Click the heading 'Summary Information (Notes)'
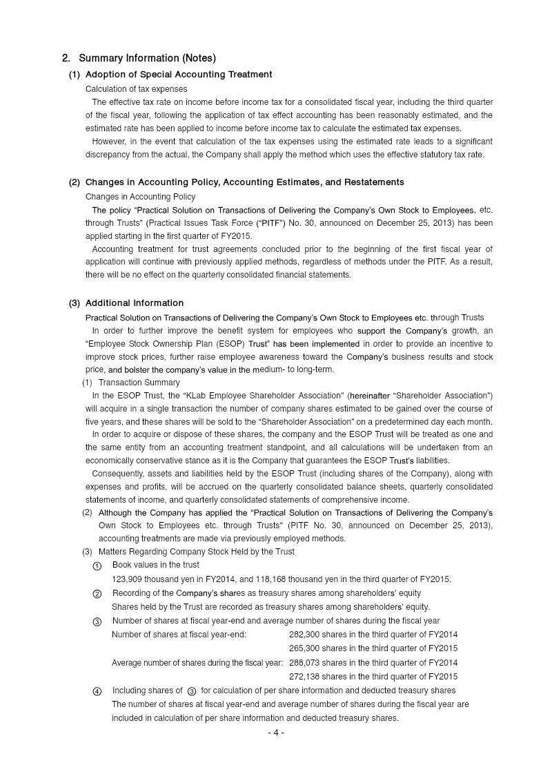(147, 58)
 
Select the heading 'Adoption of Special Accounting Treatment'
(179, 75)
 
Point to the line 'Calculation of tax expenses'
(136, 89)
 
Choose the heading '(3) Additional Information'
(126, 303)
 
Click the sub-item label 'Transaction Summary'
(139, 383)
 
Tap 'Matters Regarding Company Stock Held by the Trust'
(196, 552)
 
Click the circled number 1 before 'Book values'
(97, 566)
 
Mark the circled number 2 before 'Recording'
(97, 594)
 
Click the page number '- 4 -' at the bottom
(276, 733)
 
